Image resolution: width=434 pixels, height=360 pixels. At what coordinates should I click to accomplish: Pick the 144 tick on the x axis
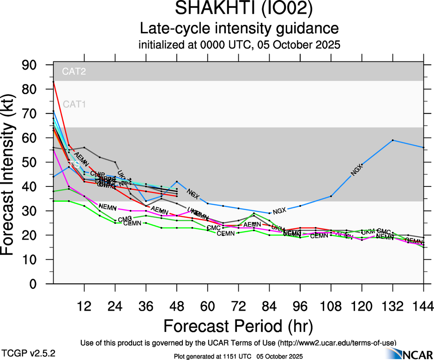click(x=423, y=306)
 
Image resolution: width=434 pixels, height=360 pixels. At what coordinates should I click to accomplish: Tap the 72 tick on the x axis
click(x=238, y=306)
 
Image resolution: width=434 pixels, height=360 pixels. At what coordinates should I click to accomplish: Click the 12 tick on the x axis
click(x=84, y=306)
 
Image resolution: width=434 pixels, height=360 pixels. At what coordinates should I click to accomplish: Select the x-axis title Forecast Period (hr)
click(x=238, y=326)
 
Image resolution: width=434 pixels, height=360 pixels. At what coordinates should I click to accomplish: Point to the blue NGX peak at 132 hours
click(x=392, y=140)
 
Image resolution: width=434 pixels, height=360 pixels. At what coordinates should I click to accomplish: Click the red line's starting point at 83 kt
click(x=54, y=82)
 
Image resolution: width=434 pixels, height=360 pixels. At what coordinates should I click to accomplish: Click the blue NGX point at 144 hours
click(x=423, y=147)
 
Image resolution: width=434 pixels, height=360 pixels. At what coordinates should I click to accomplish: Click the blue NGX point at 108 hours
click(x=331, y=196)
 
